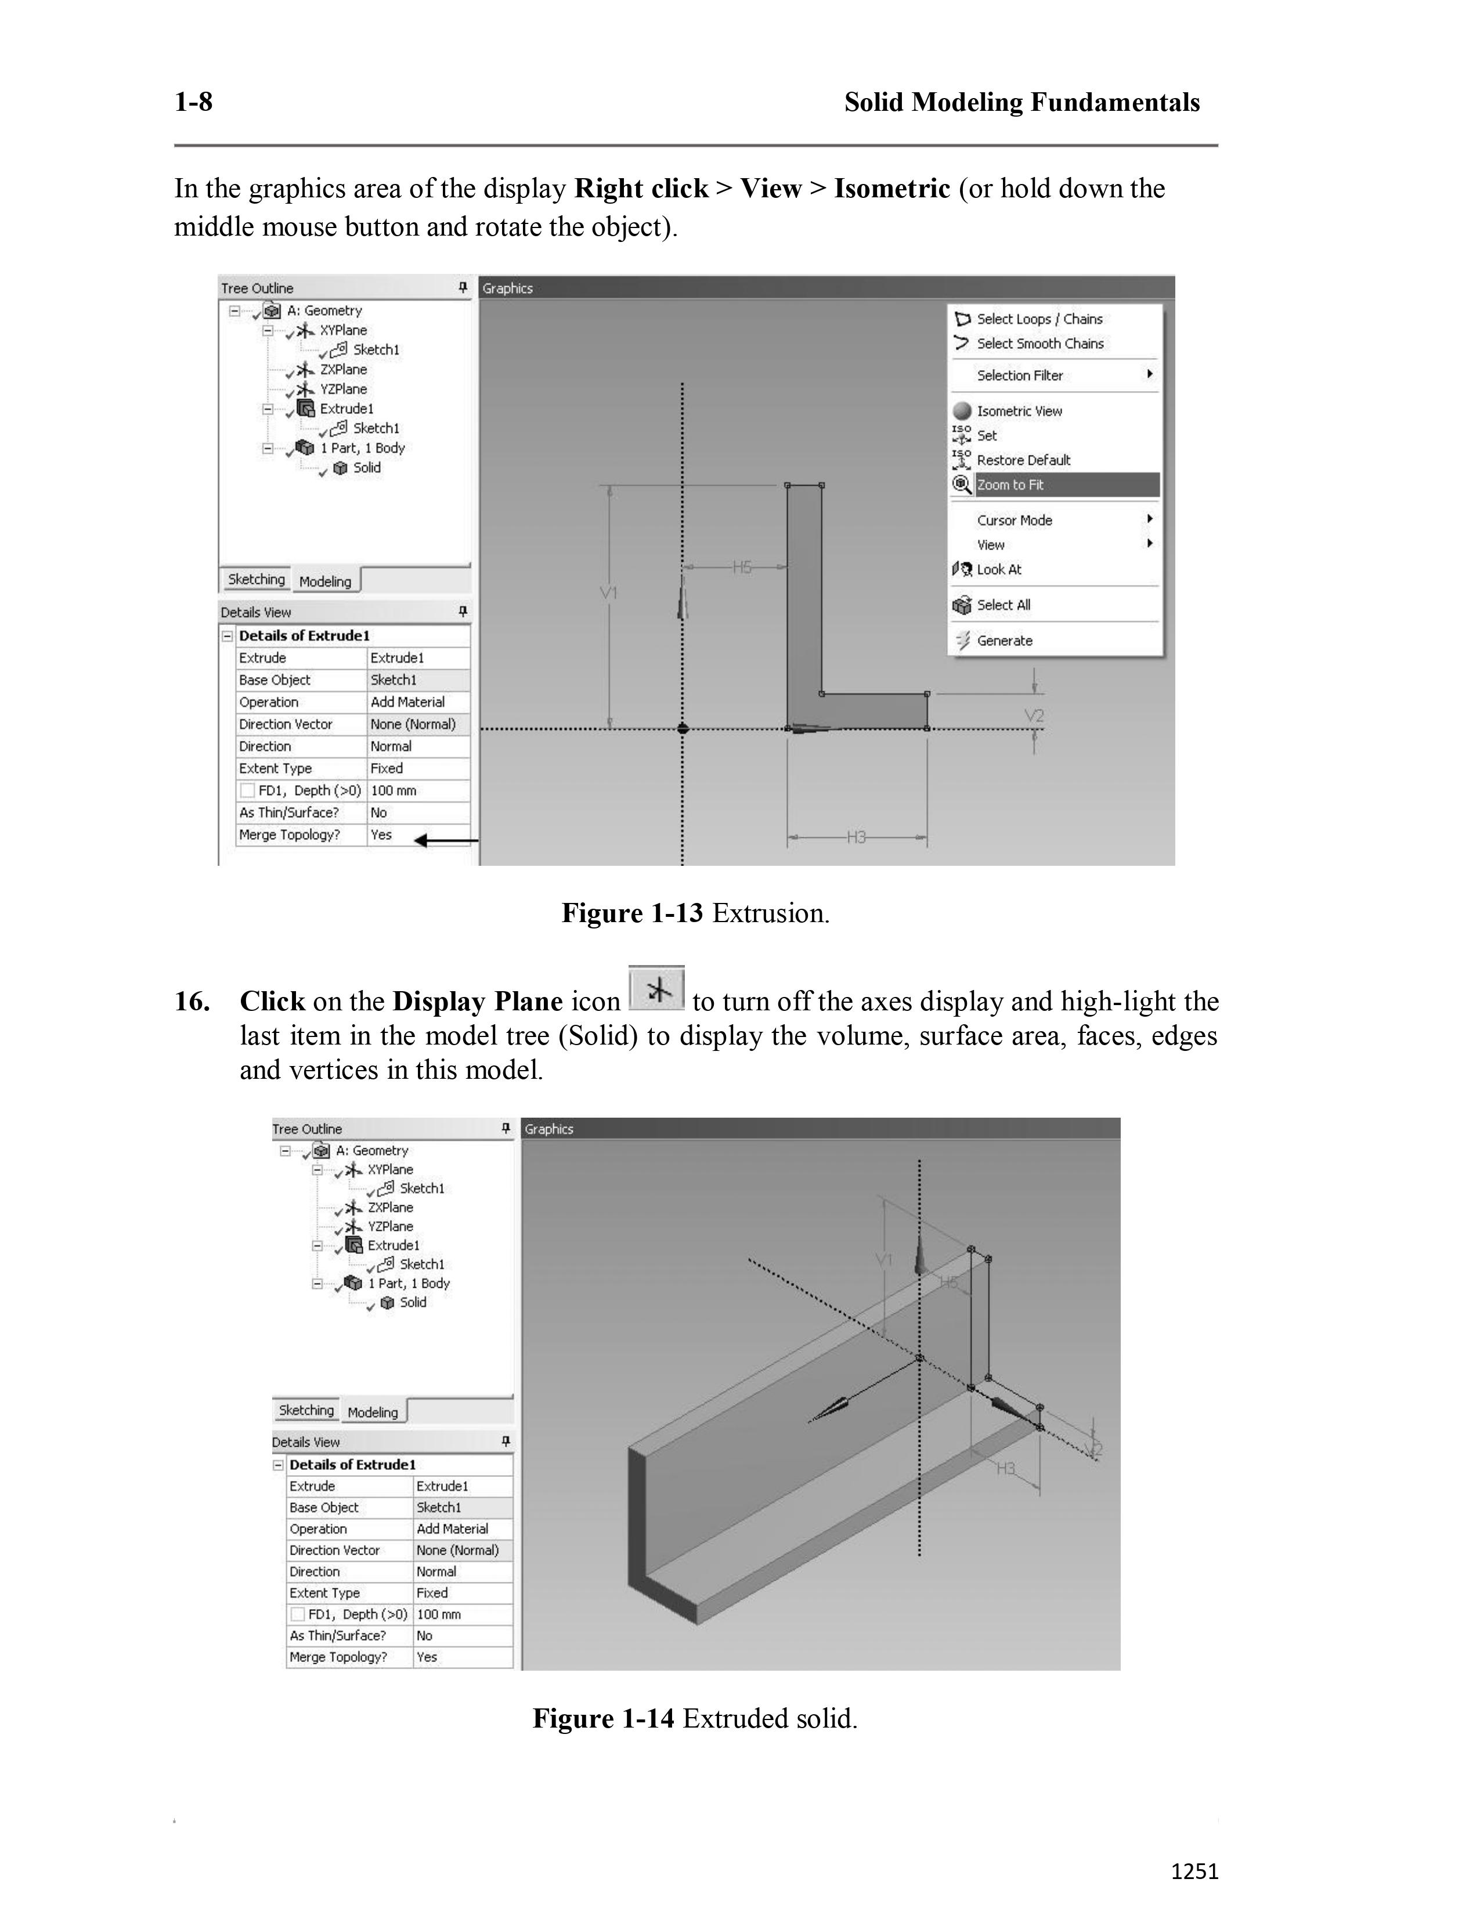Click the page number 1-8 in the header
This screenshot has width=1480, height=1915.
193,103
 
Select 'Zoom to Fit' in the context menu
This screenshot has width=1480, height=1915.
1010,485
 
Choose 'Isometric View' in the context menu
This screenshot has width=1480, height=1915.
1019,411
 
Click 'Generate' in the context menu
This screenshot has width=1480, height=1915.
1004,641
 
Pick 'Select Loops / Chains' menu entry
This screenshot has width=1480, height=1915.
1039,319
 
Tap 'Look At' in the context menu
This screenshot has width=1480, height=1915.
999,570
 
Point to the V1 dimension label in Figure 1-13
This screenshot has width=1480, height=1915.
608,594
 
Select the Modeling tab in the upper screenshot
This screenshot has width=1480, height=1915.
325,581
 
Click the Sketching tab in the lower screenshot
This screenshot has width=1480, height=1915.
306,1410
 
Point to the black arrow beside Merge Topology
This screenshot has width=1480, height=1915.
445,841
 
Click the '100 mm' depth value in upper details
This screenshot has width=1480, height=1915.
394,791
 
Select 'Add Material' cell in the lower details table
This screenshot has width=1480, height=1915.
453,1529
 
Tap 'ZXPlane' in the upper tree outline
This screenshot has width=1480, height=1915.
343,370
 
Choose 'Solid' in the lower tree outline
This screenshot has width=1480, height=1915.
413,1302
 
